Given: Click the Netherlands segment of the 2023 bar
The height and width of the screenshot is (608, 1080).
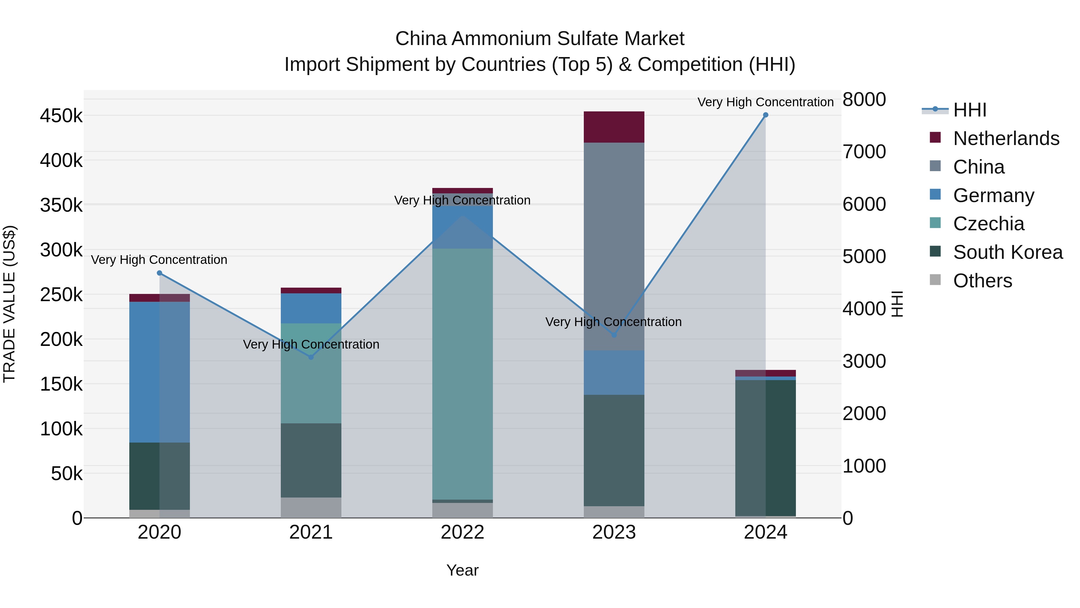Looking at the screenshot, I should click(614, 127).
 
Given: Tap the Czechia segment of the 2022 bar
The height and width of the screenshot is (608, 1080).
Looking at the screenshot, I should click(462, 374).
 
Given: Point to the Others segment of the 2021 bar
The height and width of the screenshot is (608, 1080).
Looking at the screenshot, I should click(311, 507).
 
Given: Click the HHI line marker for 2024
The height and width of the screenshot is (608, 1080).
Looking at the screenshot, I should click(766, 115).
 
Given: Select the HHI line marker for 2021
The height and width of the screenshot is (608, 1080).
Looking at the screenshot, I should click(311, 357).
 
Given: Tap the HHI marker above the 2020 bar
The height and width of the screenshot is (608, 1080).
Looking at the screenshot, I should click(159, 273).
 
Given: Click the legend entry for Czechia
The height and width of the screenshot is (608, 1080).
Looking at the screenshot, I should click(988, 224).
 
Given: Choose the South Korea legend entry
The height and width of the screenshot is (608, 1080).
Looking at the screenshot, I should click(1007, 252).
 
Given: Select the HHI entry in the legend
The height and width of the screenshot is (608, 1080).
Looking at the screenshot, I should click(969, 110).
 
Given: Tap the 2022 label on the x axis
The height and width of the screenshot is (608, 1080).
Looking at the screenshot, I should click(462, 532).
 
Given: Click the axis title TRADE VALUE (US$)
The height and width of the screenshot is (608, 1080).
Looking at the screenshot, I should click(9, 304).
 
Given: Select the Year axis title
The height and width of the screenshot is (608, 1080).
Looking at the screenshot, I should click(462, 570).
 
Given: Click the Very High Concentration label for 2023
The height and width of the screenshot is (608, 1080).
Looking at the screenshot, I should click(613, 322).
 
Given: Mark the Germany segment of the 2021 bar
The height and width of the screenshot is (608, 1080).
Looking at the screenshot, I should click(311, 308).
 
